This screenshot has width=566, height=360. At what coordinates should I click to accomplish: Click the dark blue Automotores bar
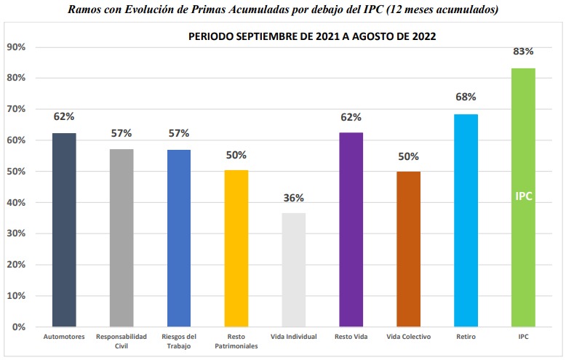[x=64, y=230]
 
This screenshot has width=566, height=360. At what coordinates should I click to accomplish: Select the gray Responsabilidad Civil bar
[x=121, y=238]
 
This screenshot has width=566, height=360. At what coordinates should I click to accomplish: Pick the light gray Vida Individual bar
[x=293, y=270]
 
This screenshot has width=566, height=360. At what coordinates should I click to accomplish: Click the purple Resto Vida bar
[x=351, y=230]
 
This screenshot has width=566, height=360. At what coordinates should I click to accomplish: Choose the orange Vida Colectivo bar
[x=408, y=249]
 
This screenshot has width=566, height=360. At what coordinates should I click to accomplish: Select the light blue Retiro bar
[x=466, y=220]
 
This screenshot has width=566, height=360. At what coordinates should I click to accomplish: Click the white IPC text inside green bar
[x=524, y=196]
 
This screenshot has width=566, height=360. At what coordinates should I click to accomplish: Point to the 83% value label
[x=523, y=52]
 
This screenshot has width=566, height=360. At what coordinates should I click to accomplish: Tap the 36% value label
[x=294, y=198]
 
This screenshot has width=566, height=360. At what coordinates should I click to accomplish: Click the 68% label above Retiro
[x=466, y=97]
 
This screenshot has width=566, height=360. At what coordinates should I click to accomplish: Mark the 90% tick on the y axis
[x=16, y=47]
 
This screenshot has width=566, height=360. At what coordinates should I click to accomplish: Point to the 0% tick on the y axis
[x=19, y=327]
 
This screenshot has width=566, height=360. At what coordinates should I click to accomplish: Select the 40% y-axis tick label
[x=16, y=203]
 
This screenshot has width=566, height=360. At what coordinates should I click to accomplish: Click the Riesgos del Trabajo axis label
[x=179, y=340]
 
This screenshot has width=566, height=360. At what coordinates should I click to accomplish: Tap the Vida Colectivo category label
[x=408, y=337]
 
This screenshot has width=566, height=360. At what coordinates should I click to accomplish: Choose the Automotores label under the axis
[x=64, y=337]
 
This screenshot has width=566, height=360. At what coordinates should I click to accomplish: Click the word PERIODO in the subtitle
[x=210, y=36]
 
